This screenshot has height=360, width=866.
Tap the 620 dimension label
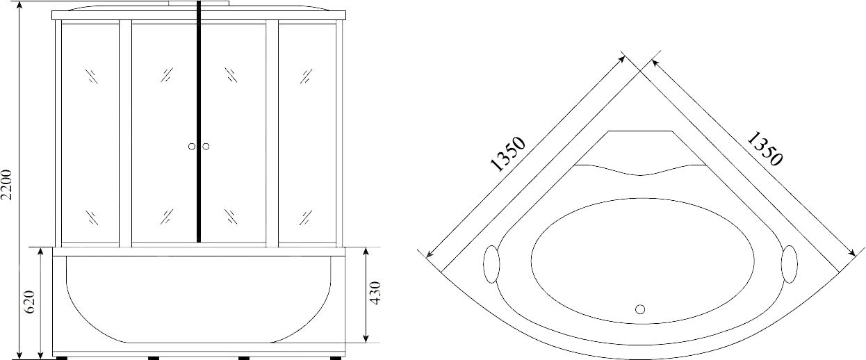click(x=30, y=302)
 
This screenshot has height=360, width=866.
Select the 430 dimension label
click(x=375, y=293)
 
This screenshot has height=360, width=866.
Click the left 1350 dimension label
click(x=507, y=154)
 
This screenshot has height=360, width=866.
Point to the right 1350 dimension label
click(x=765, y=149)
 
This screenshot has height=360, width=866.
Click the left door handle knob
click(x=192, y=147)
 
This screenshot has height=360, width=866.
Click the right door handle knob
click(x=206, y=147)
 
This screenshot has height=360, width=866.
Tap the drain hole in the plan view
click(x=640, y=309)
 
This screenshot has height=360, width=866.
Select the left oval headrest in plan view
click(x=491, y=263)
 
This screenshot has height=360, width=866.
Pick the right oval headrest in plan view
click(x=789, y=264)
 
